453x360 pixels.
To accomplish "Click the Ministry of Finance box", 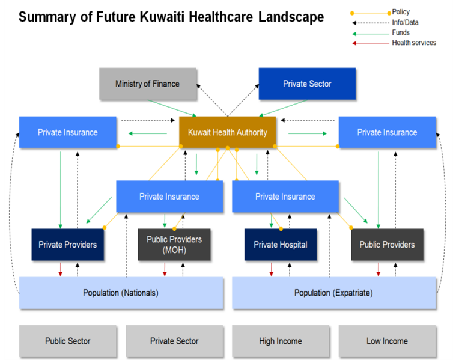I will point(147,84).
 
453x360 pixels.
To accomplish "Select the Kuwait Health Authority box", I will point(227,132).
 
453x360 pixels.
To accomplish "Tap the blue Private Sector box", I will point(307,84).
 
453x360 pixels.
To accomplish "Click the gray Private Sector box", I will point(174,341).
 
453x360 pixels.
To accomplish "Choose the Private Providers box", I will point(67,245).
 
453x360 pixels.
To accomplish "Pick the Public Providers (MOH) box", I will point(174,245).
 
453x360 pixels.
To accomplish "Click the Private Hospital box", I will point(281,245).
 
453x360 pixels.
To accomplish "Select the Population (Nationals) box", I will point(121,293).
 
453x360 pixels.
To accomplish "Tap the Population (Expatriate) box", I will point(333,293).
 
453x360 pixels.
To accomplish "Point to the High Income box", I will point(281,341).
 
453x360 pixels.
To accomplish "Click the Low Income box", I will point(387,341).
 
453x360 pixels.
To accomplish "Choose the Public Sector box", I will point(67,341).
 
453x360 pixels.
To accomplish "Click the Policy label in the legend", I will point(401,12).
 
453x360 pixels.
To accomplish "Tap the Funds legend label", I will point(401,32).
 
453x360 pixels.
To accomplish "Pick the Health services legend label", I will point(414,43).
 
